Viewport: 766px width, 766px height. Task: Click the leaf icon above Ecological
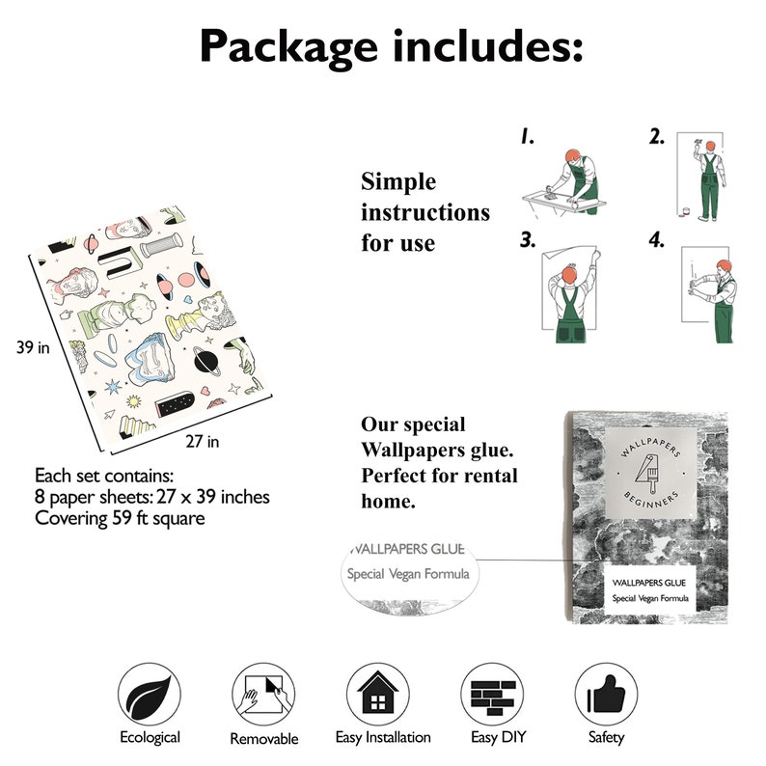tap(150, 695)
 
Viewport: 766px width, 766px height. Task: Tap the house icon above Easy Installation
tap(378, 693)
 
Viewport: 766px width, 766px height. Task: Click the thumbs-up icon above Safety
tap(606, 695)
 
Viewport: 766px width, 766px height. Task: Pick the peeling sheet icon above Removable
tap(263, 695)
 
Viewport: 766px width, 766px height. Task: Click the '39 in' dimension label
tap(33, 347)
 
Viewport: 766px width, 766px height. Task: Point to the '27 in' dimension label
tap(203, 441)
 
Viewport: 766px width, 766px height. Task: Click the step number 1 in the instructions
tap(527, 136)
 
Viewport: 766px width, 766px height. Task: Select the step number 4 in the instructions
tap(657, 240)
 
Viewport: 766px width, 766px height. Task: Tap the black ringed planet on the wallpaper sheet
tap(206, 361)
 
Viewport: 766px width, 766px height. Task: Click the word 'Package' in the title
tap(288, 47)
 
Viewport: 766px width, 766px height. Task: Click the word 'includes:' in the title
tap(488, 45)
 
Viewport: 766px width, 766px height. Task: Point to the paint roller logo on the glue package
tap(646, 474)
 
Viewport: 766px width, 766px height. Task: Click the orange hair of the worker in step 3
tap(569, 274)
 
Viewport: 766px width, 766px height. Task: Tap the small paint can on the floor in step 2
tap(686, 211)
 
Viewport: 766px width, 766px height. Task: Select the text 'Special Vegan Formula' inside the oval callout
tap(408, 573)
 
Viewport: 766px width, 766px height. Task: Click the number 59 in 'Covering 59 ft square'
tap(123, 518)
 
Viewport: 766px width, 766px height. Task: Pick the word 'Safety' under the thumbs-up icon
tap(606, 737)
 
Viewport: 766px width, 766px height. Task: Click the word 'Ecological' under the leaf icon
tap(150, 737)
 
